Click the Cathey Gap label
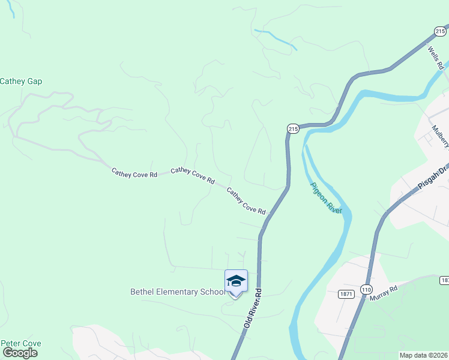pyautogui.click(x=21, y=82)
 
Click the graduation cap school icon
pyautogui.click(x=236, y=281)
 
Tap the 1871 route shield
pyautogui.click(x=345, y=294)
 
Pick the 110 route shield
pyautogui.click(x=366, y=289)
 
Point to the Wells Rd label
pyautogui.click(x=435, y=57)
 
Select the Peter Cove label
pyautogui.click(x=21, y=344)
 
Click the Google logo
pyautogui.click(x=20, y=353)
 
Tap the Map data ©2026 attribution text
pyautogui.click(x=423, y=355)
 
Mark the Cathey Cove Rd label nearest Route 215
pyautogui.click(x=246, y=200)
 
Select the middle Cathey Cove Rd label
pyautogui.click(x=193, y=175)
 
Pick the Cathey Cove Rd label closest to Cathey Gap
pyautogui.click(x=134, y=173)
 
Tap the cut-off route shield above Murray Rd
pyautogui.click(x=445, y=280)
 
